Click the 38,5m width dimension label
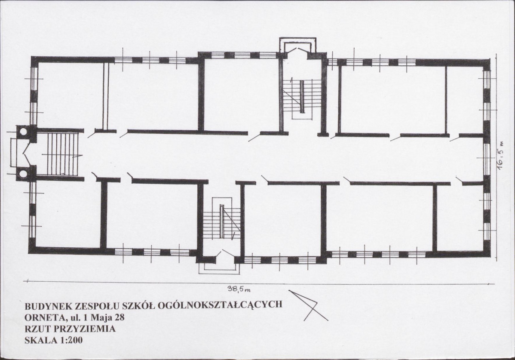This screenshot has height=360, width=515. (239, 289)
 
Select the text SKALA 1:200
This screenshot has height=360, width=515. (54, 340)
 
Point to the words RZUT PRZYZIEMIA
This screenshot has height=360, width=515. (70, 329)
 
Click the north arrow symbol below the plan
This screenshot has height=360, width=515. (307, 305)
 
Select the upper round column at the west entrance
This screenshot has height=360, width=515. (23, 132)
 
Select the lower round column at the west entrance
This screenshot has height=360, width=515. (23, 173)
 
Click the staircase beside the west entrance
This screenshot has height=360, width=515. (63, 154)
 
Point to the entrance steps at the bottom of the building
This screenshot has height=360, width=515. (219, 268)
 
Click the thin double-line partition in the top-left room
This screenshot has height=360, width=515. (105, 96)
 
